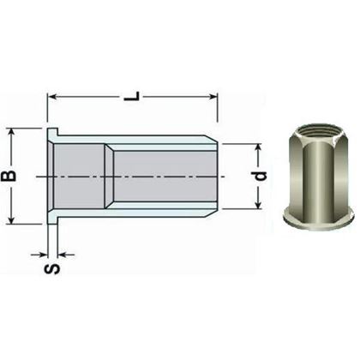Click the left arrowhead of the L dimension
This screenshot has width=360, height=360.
[x=52, y=97]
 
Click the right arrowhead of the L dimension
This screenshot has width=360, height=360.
[x=216, y=97]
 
